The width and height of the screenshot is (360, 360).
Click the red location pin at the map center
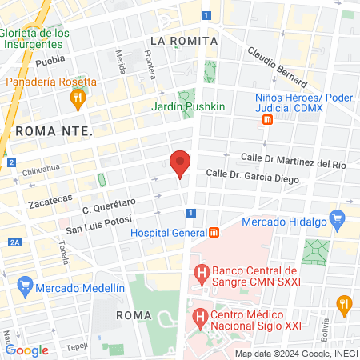pyautogui.click(x=180, y=162)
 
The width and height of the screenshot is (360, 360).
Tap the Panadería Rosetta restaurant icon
pyautogui.click(x=78, y=99)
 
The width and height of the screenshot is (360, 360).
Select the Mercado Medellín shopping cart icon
pyautogui.click(x=25, y=286)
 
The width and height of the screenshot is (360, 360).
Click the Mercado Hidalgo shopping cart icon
pyautogui.click(x=337, y=217)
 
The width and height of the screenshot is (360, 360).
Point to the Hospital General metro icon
pyautogui.click(x=214, y=234)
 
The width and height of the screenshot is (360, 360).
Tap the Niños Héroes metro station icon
pyautogui.click(x=267, y=120)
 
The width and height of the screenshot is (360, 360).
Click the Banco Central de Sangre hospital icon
pyautogui.click(x=202, y=274)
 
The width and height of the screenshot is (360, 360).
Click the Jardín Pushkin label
pyautogui.click(x=189, y=106)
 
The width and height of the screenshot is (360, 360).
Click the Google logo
pyautogui.click(x=27, y=350)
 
